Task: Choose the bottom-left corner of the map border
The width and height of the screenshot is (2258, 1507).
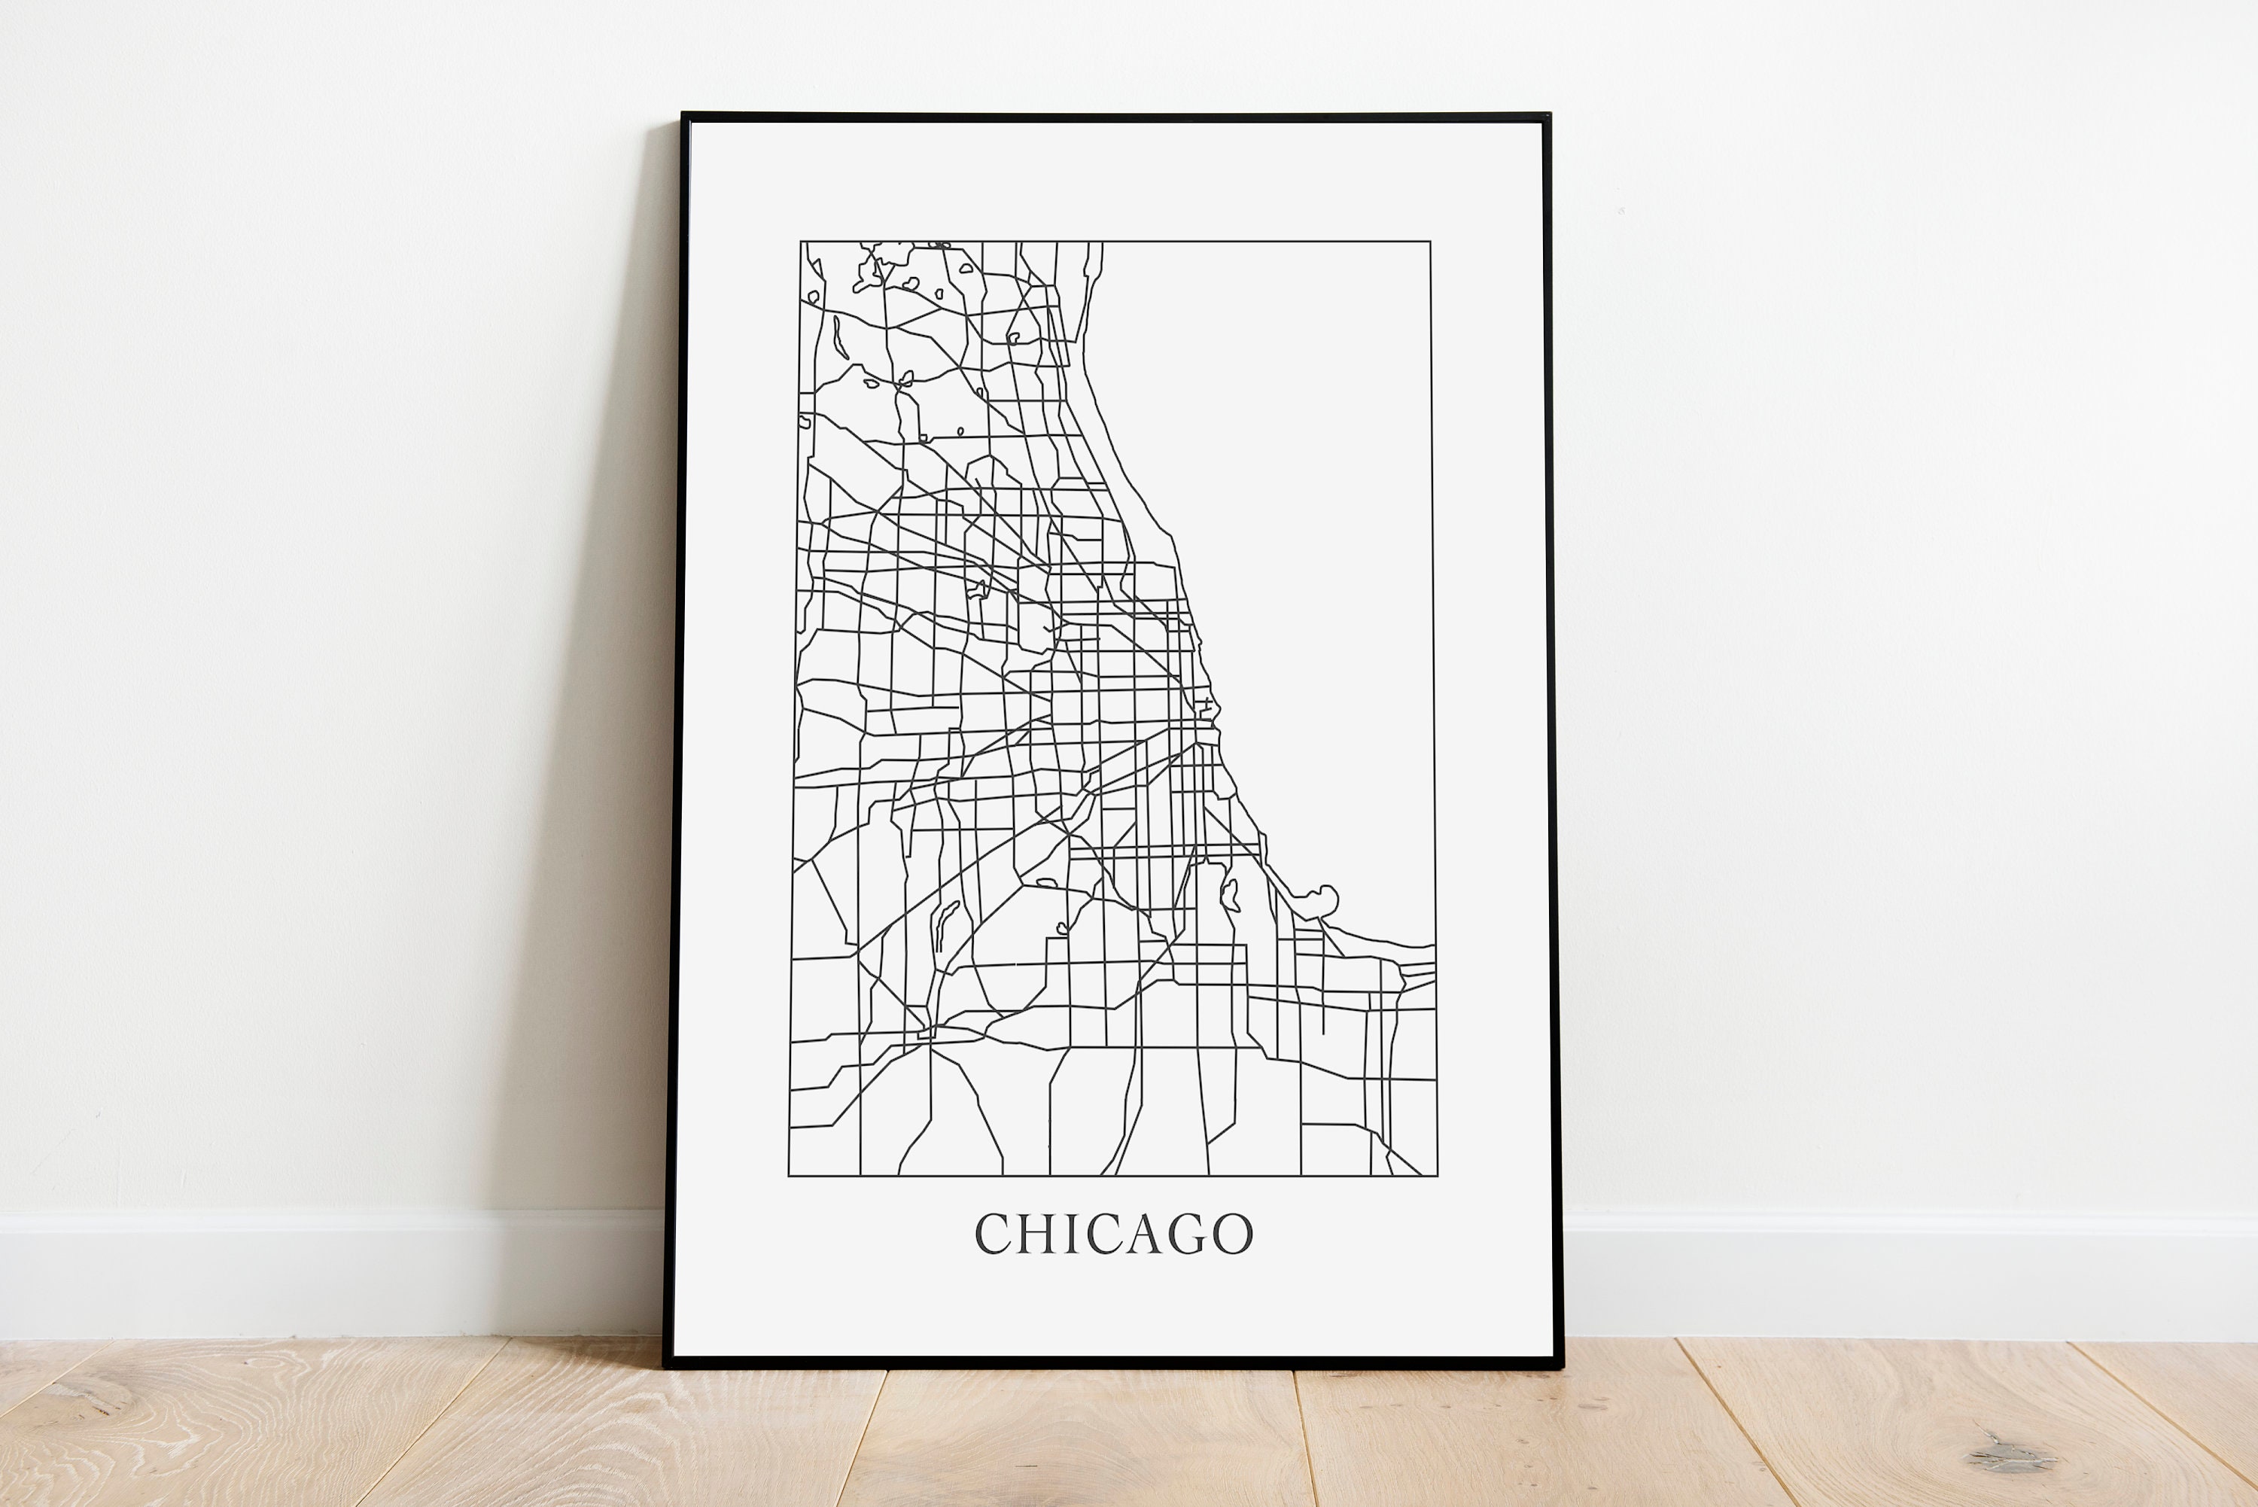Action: [789, 1176]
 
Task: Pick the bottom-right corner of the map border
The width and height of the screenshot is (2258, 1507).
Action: [1438, 1176]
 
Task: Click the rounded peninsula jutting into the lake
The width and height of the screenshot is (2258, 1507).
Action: [1327, 899]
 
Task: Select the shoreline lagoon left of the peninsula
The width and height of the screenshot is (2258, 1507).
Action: [1229, 896]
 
